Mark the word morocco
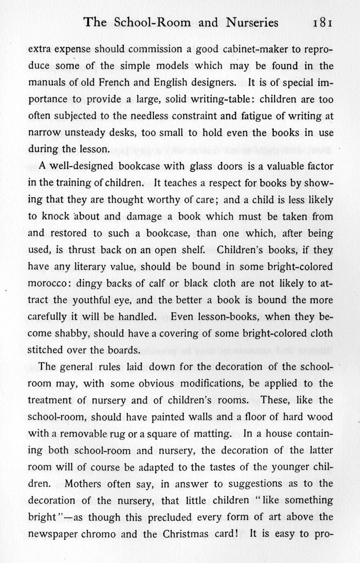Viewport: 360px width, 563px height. click(45, 284)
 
